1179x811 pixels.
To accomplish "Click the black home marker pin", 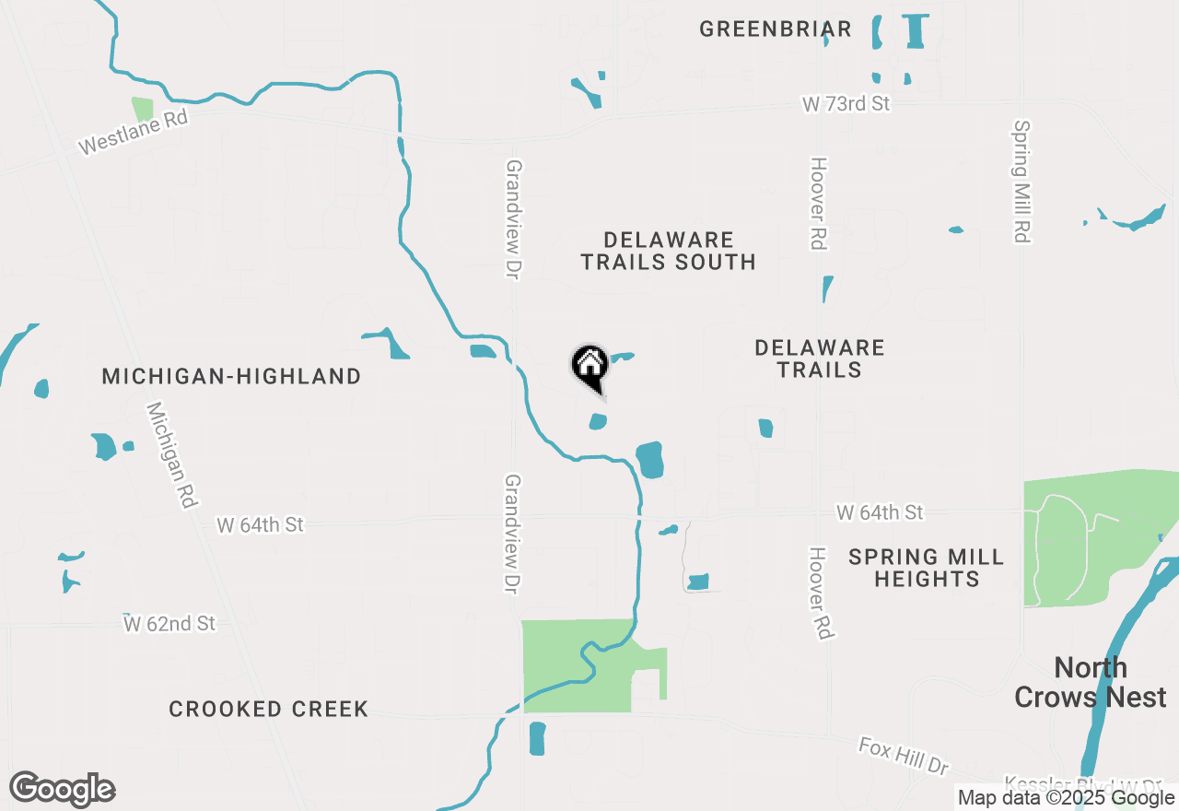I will point(589,367).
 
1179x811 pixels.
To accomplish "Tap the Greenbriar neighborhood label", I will point(776,29).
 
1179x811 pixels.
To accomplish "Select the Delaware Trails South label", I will point(668,251).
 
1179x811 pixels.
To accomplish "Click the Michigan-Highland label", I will point(231,376).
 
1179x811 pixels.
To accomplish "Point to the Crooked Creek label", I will point(269,709).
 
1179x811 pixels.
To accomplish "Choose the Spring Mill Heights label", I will point(927,568).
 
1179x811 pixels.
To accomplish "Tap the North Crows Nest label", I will point(1091,682).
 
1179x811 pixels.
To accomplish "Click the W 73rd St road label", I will point(846,103).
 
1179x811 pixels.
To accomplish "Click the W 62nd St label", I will point(170,624).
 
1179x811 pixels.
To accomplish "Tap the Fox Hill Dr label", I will point(903,755).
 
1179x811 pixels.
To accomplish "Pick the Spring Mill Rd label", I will point(1021,182).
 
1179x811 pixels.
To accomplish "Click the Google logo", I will point(62,790).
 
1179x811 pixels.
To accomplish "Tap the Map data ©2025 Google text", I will point(1066,798).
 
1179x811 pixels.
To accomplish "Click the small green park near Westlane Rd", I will point(142,110).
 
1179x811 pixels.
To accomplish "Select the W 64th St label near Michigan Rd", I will point(260,524).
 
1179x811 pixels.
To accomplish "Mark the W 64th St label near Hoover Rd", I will point(880,511).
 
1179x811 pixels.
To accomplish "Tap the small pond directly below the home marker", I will point(598,422).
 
